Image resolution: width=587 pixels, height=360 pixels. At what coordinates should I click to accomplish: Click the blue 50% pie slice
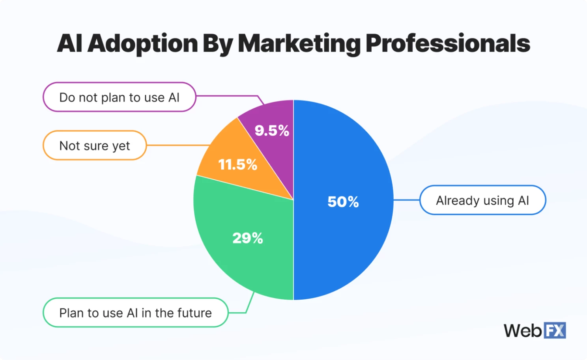347,244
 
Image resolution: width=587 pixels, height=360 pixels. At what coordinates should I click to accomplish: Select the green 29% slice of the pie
237,260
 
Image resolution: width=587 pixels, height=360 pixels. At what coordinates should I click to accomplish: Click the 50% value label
343,202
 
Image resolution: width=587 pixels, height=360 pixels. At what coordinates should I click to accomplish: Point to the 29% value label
247,238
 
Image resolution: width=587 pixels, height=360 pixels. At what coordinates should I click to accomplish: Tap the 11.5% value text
237,164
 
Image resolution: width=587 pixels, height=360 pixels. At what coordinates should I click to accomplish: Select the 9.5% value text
272,131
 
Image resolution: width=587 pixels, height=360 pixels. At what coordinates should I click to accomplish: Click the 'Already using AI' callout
482,200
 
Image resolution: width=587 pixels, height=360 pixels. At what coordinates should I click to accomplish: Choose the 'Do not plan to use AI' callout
119,97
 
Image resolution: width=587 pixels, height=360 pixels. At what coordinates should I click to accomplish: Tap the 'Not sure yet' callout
95,145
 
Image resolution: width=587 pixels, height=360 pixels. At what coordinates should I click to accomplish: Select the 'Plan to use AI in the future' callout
135,313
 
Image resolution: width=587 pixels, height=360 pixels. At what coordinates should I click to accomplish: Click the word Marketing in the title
299,43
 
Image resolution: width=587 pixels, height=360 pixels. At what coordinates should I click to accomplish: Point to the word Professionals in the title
448,43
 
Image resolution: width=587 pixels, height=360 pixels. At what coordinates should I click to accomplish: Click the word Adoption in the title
142,43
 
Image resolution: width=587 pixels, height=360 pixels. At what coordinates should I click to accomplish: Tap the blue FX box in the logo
555,330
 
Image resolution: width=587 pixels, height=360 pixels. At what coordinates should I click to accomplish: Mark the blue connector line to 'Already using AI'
406,200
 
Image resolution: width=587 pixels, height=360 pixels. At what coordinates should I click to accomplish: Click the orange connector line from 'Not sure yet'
178,145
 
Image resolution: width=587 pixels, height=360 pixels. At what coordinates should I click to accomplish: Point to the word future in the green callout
194,313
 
